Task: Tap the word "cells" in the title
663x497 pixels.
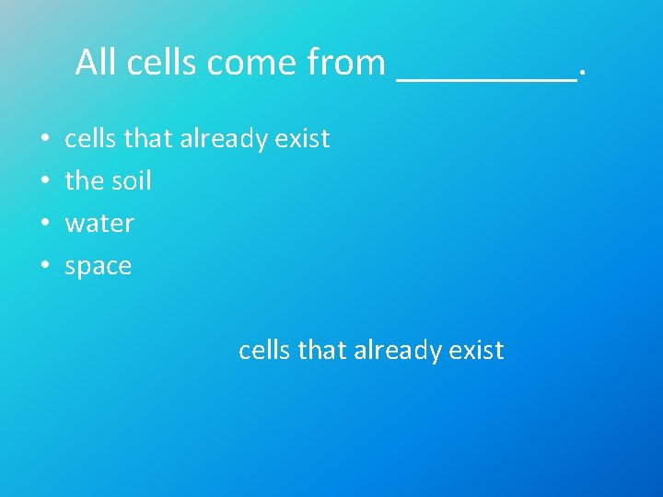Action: tap(163, 63)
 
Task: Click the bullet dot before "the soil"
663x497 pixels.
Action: tap(45, 181)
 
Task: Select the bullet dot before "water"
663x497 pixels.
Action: tap(45, 224)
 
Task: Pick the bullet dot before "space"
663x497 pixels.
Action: tap(45, 267)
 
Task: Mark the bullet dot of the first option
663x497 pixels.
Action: tap(45, 139)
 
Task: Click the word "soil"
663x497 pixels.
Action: tap(131, 180)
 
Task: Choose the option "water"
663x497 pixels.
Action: tap(99, 224)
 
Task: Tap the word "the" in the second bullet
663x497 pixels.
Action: tap(85, 180)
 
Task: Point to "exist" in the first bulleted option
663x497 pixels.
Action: tap(305, 139)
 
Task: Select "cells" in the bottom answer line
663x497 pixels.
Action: tap(261, 350)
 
